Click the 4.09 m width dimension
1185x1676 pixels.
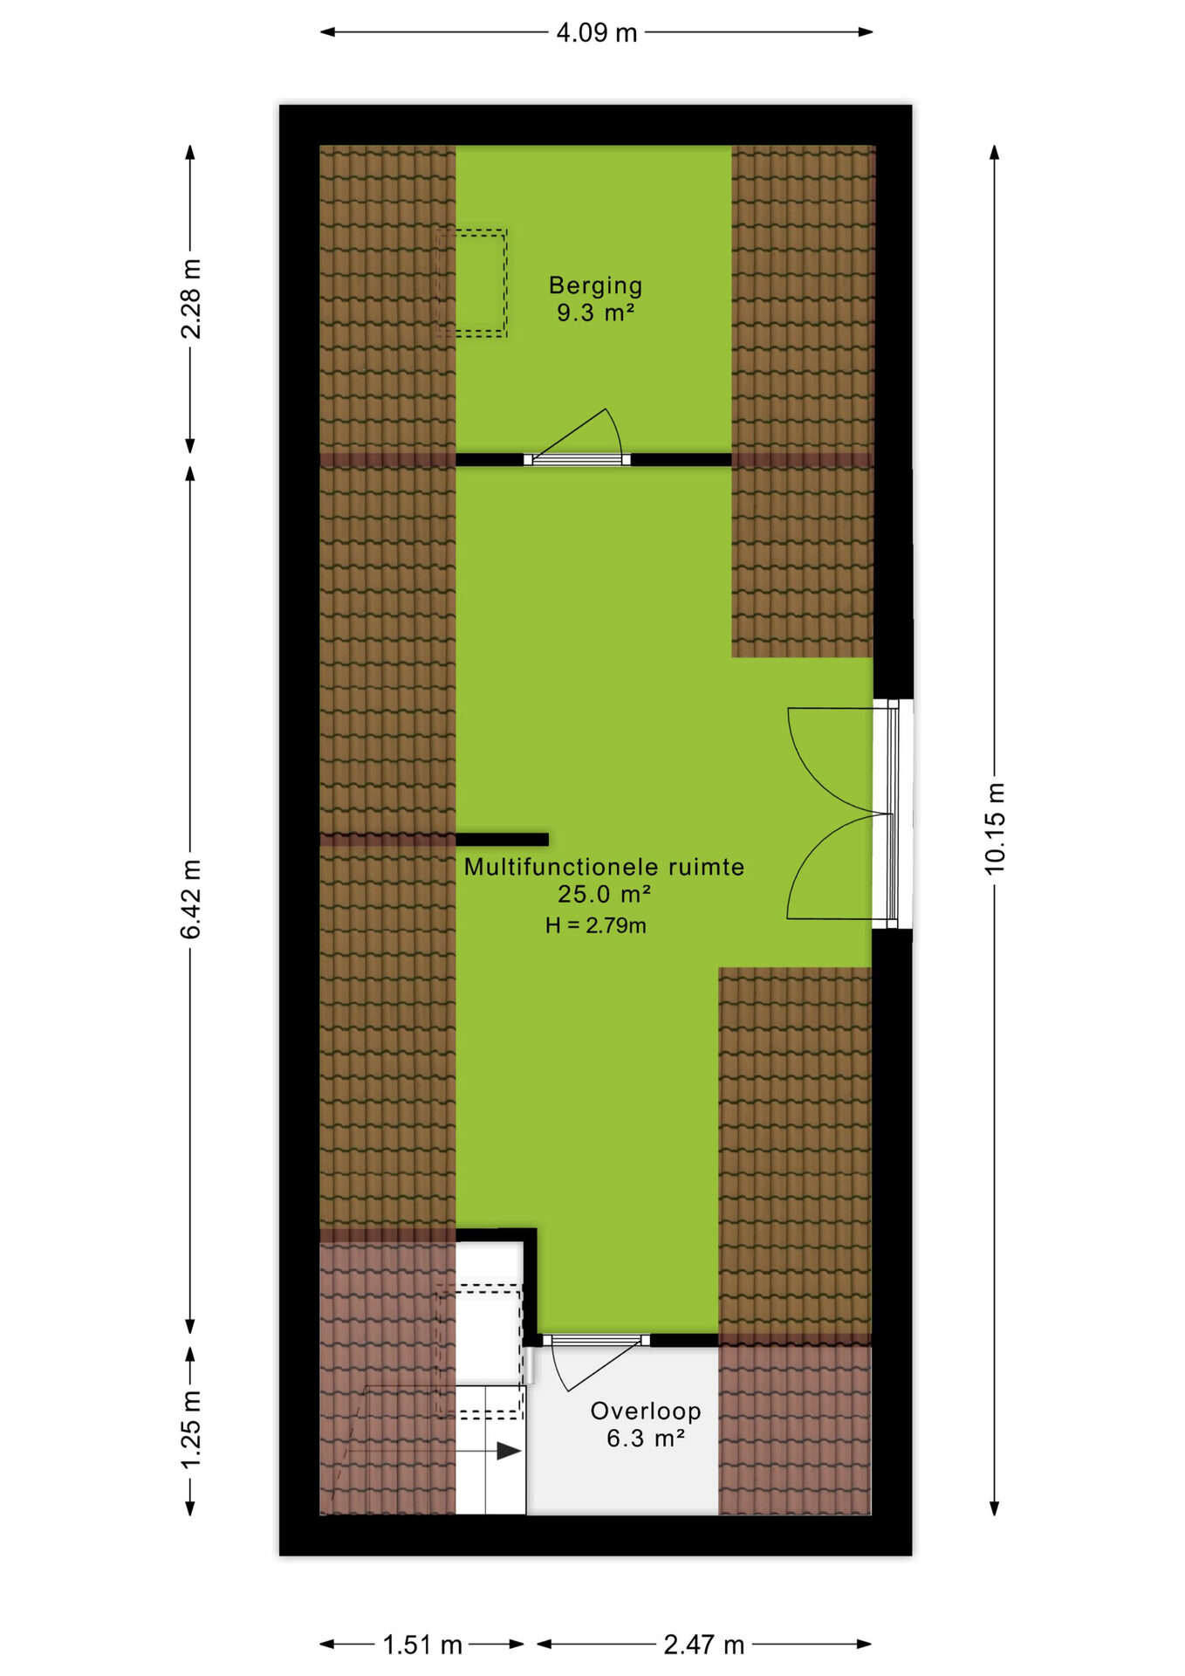click(x=597, y=33)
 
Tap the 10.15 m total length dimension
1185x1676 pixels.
click(x=995, y=828)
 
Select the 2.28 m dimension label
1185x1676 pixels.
click(x=190, y=299)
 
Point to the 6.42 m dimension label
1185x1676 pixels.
click(x=190, y=899)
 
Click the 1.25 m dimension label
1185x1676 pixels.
click(x=190, y=1429)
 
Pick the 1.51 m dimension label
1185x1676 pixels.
click(x=422, y=1645)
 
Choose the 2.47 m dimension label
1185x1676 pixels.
click(x=704, y=1645)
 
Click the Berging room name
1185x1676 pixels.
click(x=596, y=285)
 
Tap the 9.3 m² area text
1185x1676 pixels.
click(x=596, y=313)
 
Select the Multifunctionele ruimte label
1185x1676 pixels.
click(x=604, y=867)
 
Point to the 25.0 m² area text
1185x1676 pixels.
click(x=605, y=894)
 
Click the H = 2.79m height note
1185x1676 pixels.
click(x=596, y=925)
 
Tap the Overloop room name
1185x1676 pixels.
click(x=646, y=1411)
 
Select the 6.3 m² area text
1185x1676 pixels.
click(x=646, y=1438)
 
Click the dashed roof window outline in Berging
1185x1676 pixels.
click(x=472, y=283)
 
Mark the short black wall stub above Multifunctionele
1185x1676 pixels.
click(x=502, y=840)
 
